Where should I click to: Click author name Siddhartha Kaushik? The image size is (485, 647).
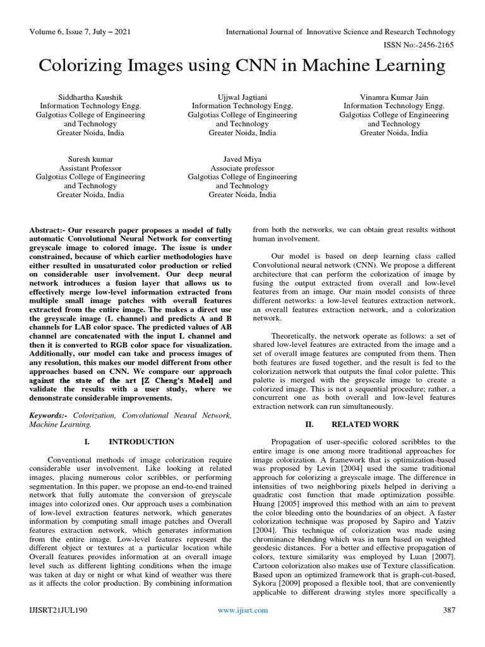tap(90, 97)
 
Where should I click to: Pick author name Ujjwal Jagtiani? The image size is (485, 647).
tap(242, 97)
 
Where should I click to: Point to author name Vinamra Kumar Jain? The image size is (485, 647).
tap(394, 97)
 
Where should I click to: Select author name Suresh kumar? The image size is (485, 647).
tap(90, 160)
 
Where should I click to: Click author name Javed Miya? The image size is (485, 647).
tap(242, 160)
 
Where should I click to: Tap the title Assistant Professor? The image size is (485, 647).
tap(90, 169)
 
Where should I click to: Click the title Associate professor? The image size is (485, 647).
tap(242, 169)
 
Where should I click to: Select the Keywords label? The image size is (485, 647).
tap(49, 415)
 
